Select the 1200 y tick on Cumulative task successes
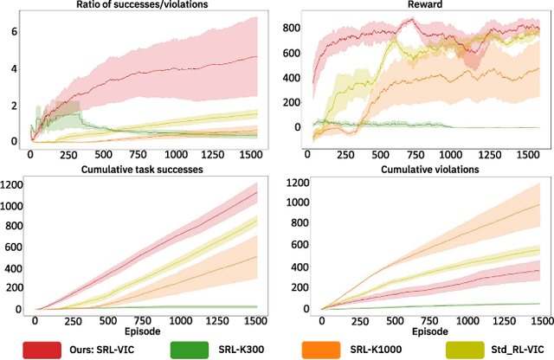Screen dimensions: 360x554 (14, 183)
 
